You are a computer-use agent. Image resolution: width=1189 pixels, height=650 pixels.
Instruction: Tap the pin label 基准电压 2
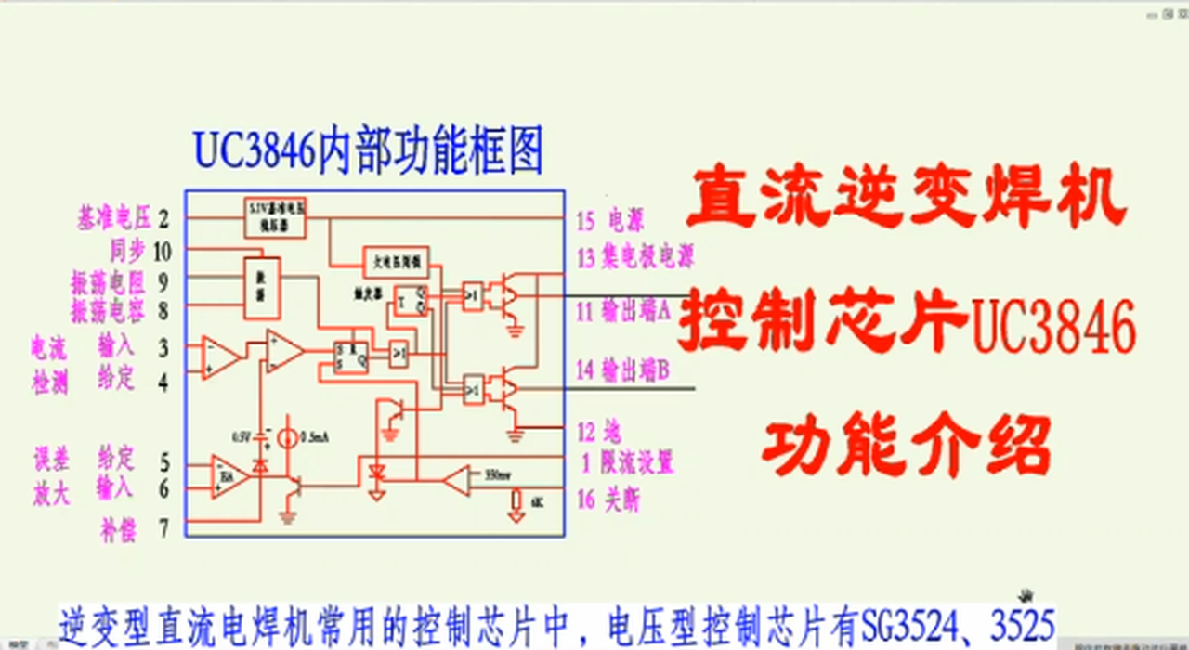pos(124,220)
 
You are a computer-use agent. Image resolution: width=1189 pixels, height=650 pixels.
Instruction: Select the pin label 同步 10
pos(140,251)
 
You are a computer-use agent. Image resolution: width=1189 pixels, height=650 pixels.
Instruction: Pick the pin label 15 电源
pos(610,221)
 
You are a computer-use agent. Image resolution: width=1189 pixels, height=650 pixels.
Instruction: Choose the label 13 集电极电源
pos(634,256)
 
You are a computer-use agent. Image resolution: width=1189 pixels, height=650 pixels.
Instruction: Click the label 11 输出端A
pos(623,311)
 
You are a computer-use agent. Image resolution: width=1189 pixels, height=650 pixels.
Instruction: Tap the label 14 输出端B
pos(623,370)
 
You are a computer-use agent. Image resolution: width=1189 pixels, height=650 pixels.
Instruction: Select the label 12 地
pos(599,431)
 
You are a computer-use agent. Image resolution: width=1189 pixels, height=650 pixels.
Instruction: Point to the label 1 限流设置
pos(627,462)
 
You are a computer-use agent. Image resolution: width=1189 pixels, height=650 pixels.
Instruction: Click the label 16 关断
pos(608,500)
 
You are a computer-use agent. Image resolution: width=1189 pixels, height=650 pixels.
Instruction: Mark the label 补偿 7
pos(136,529)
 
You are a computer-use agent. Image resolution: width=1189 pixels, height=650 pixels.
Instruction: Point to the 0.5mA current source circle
pos(288,436)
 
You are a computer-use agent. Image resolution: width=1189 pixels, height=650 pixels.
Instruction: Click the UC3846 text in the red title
pos(1052,327)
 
